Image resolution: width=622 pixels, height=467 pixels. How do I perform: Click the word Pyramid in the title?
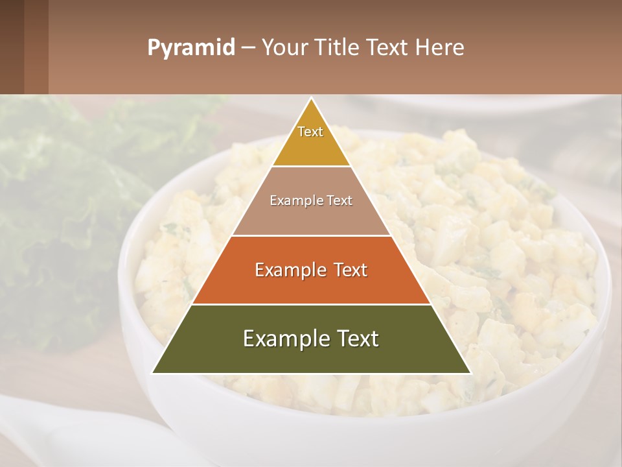[190, 48]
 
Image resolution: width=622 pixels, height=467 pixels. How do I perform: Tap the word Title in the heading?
[337, 48]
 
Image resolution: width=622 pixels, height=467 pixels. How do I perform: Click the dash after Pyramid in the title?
[248, 48]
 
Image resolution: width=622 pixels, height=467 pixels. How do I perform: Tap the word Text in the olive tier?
[355, 339]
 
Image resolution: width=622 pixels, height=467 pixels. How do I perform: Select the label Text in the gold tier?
[310, 132]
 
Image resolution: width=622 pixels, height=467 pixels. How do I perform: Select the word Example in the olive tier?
[281, 339]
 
